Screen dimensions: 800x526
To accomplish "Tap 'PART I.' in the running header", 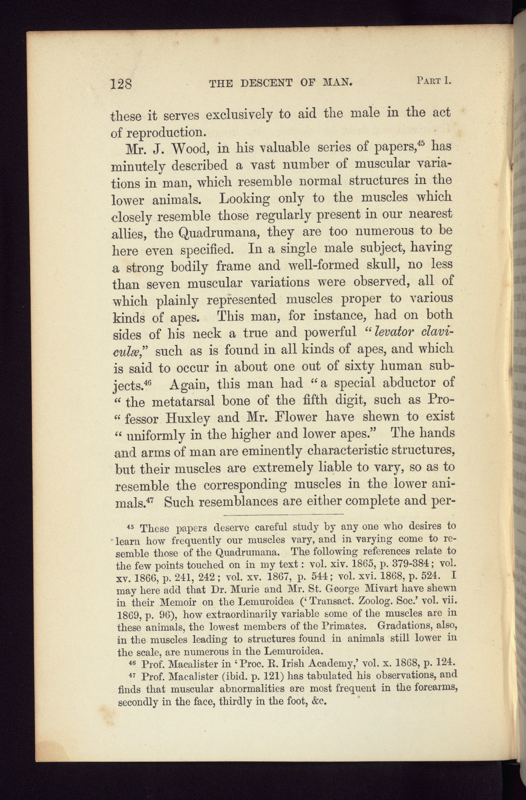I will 434,81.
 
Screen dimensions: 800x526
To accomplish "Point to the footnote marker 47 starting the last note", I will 131,675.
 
